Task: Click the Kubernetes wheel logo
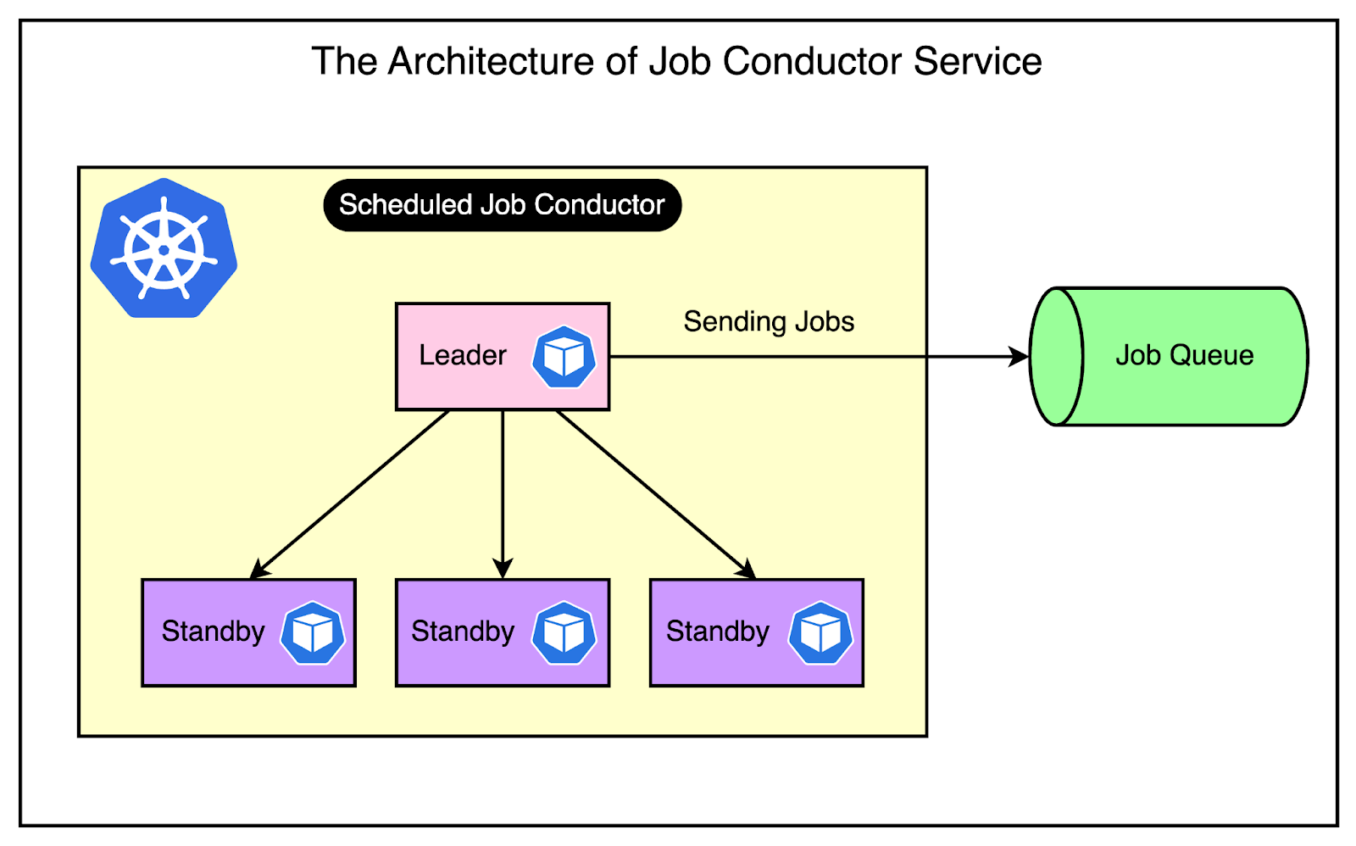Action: coord(164,248)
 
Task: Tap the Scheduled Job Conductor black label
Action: coord(502,205)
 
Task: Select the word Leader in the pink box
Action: coord(463,355)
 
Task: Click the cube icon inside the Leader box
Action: coord(564,357)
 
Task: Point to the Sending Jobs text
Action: coord(769,322)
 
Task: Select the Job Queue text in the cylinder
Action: coord(1184,355)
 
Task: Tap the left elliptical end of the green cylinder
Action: coord(1056,357)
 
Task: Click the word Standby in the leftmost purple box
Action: coord(213,632)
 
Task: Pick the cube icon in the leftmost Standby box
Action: coord(313,633)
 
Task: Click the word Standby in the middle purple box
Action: coord(463,632)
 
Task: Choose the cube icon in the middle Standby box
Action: coord(564,633)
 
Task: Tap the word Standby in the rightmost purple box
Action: coord(717,632)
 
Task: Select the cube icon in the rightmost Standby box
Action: coord(820,633)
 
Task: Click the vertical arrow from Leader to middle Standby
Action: coord(503,492)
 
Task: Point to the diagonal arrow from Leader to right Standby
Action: coord(654,493)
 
